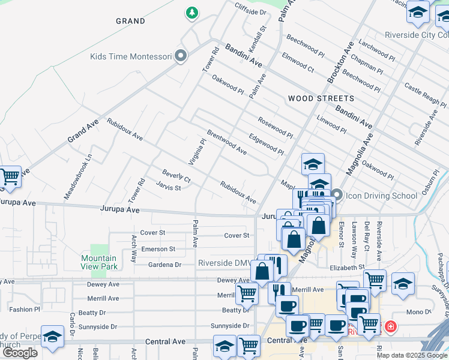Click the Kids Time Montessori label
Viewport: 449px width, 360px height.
click(x=131, y=57)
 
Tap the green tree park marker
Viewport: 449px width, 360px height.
click(x=191, y=13)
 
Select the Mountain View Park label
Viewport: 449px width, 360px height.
click(x=99, y=262)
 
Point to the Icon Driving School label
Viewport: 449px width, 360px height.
click(x=381, y=196)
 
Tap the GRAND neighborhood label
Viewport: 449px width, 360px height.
click(x=130, y=21)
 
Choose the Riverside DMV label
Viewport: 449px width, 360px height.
click(x=224, y=263)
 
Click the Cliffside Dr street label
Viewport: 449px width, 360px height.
click(x=251, y=12)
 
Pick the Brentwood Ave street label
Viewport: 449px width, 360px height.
click(x=227, y=142)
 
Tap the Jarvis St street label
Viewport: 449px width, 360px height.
click(x=169, y=188)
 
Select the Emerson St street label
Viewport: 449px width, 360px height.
click(x=158, y=249)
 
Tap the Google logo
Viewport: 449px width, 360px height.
click(x=20, y=353)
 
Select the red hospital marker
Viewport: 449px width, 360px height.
click(x=391, y=327)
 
